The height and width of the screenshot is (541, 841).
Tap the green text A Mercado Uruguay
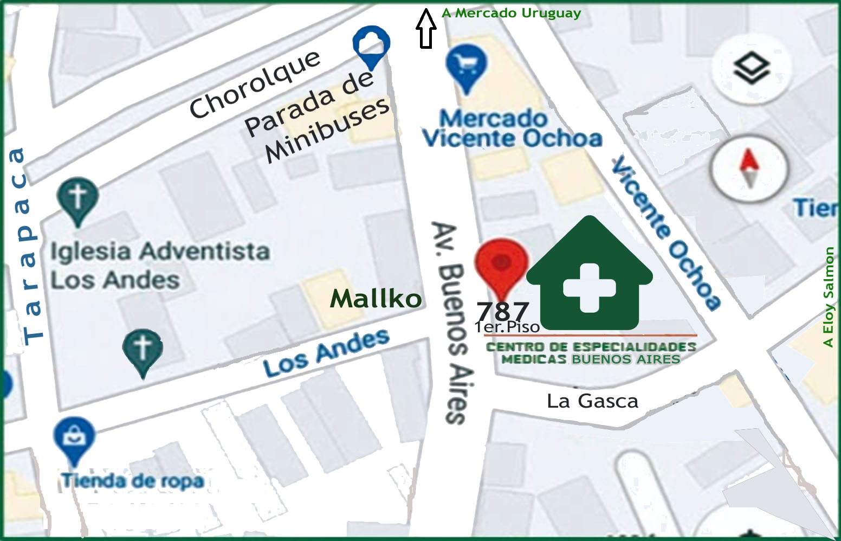511,13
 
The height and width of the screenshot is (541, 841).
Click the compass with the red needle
749,169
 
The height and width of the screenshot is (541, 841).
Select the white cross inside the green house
589,288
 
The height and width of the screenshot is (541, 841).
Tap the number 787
502,311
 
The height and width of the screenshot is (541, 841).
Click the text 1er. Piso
507,327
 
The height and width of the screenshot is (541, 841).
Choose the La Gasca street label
592,401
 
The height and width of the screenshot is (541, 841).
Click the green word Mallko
376,298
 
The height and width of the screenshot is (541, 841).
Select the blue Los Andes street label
326,353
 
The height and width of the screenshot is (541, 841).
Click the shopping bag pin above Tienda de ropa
74,437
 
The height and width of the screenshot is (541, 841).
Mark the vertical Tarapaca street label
25,247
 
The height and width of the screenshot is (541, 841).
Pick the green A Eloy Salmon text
827,297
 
